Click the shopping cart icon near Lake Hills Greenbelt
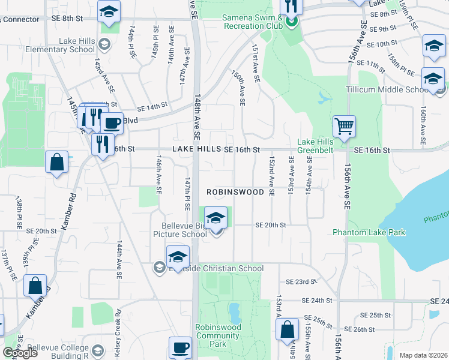344,127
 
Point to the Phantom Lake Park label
369,232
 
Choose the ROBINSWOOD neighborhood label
235,192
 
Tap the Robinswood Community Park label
218,336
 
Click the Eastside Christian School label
217,268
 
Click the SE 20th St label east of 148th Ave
271,225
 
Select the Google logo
19,353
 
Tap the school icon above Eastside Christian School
177,256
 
